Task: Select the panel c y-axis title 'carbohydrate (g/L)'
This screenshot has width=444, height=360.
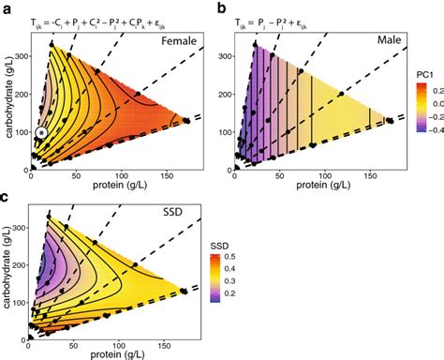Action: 7,272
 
